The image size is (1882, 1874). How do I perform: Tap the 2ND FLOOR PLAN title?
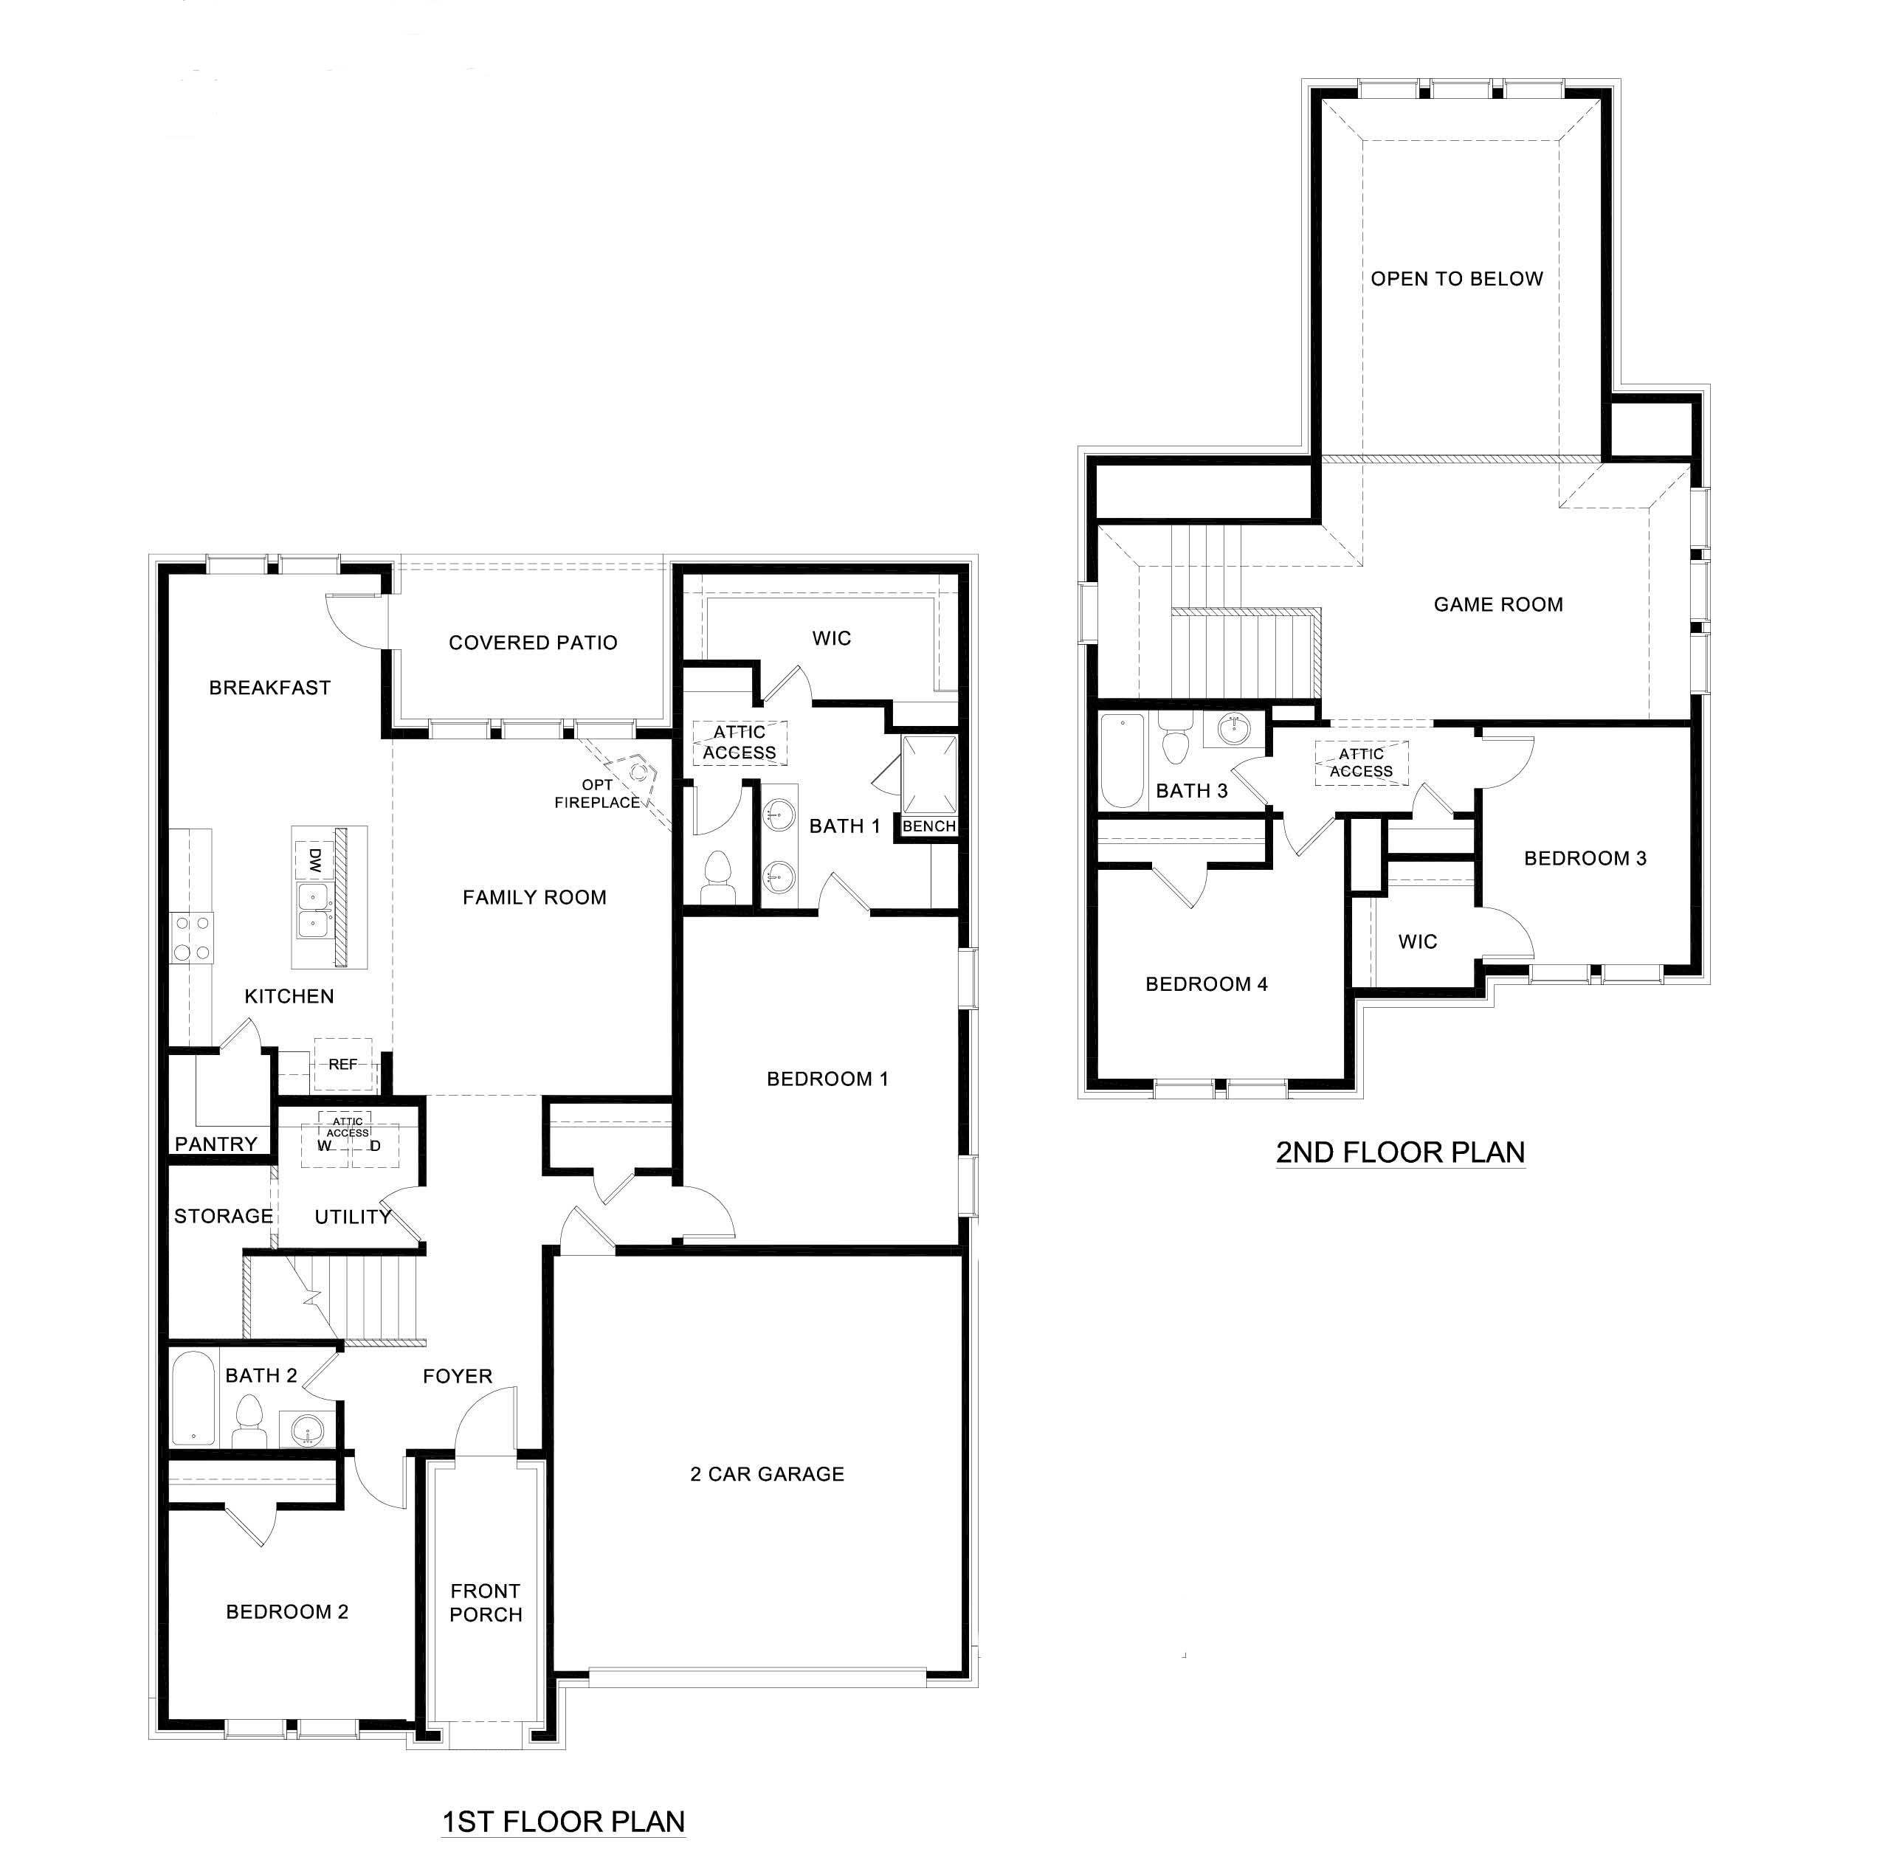[x=1400, y=1153]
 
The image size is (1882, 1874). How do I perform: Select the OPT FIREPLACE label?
[x=597, y=794]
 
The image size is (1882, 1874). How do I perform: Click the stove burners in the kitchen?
[x=192, y=938]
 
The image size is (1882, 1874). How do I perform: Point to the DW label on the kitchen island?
[x=314, y=860]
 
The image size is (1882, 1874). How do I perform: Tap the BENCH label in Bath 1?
[x=928, y=826]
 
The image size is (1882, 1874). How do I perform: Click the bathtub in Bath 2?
[x=193, y=1397]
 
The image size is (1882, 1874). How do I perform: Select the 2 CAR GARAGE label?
[x=767, y=1473]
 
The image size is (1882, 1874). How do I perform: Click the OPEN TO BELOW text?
[x=1456, y=279]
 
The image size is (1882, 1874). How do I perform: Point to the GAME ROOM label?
[x=1497, y=604]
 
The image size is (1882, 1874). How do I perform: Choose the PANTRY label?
[x=216, y=1144]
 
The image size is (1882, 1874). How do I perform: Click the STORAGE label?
[x=223, y=1216]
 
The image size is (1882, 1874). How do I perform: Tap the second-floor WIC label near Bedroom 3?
[x=1416, y=942]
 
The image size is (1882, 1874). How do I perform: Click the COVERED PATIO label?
[x=533, y=643]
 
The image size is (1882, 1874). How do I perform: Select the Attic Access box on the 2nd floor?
[x=1361, y=763]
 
